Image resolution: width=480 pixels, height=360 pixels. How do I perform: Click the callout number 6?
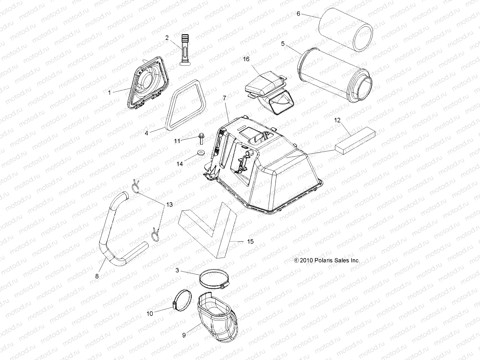point(298,13)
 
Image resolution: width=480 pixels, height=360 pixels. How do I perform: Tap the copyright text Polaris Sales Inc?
point(327,261)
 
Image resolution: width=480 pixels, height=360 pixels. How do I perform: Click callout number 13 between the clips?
point(169,205)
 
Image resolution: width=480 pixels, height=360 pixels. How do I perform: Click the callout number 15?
point(250,241)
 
